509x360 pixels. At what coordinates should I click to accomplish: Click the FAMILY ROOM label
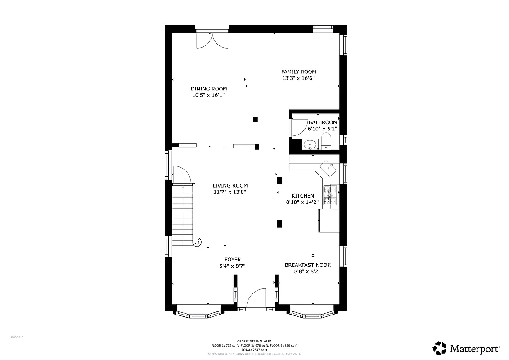pos(298,72)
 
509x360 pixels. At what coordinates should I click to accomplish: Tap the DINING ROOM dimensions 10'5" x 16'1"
pos(208,95)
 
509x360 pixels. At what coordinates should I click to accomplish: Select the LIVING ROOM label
pos(230,185)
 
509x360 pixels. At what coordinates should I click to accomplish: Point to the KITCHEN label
pos(303,196)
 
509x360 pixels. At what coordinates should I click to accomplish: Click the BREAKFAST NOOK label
pos(307,265)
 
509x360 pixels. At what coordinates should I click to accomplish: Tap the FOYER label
pos(233,260)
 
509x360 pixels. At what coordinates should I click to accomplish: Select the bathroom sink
pos(309,145)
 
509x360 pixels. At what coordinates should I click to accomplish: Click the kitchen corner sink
pos(328,169)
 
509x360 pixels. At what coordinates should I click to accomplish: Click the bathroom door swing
pos(299,127)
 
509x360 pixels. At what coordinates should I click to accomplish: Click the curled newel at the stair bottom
pos(197,243)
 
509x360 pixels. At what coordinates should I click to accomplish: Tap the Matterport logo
pos(466,348)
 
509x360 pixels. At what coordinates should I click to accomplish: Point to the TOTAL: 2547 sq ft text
pos(254,350)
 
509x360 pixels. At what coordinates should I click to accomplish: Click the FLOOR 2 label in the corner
pos(17,337)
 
